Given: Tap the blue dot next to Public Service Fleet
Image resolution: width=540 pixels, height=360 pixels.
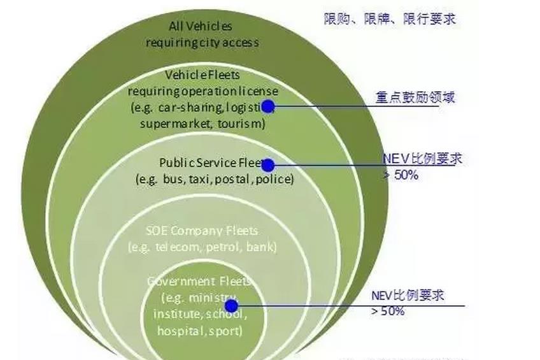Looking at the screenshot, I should click(268, 165).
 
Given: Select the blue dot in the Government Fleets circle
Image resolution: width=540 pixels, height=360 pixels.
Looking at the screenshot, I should click(232, 305).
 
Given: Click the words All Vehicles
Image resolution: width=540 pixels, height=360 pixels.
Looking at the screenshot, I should click(201, 27).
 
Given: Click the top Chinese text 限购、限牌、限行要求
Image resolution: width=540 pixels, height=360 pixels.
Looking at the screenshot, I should click(389, 18).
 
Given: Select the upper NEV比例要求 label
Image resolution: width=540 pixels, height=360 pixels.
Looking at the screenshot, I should click(423, 159).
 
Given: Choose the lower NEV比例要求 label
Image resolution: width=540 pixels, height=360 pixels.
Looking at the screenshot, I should click(408, 296).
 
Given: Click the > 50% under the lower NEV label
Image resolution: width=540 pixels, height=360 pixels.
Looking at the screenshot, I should click(387, 311).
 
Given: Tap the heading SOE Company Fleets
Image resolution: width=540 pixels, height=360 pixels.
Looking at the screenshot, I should click(202, 231).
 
